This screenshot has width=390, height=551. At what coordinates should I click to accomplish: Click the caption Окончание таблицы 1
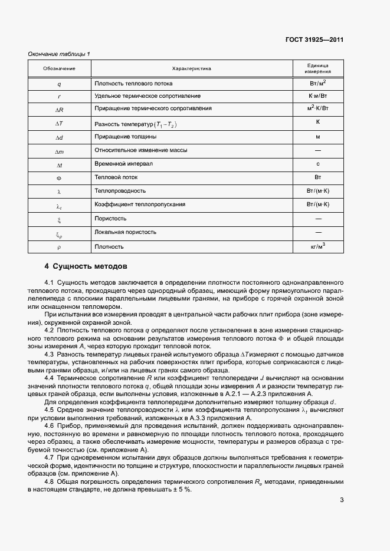[59, 55]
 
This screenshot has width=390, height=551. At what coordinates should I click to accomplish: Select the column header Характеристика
[191, 68]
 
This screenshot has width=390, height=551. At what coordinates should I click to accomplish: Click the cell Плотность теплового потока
[133, 83]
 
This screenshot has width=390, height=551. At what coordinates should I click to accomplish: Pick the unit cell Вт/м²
[317, 83]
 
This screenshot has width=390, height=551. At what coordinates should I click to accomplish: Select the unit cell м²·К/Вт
[317, 108]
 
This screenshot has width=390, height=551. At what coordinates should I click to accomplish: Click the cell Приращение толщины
[125, 137]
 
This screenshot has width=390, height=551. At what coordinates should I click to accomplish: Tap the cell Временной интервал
[123, 164]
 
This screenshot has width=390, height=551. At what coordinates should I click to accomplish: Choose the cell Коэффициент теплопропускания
[140, 204]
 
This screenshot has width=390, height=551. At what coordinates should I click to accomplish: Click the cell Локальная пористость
[125, 232]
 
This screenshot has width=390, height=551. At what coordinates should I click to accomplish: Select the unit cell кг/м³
[318, 246]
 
